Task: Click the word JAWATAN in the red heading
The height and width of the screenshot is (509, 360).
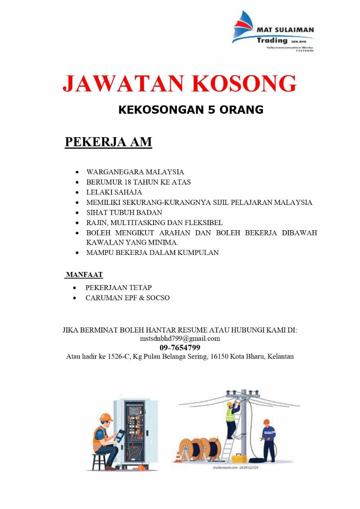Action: pos(124,84)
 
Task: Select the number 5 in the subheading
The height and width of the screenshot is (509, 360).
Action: pos(212,110)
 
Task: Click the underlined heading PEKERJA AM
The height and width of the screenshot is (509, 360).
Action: pos(108,142)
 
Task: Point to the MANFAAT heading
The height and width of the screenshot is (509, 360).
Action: pos(84,274)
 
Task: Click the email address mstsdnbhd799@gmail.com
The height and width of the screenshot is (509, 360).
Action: pos(180,339)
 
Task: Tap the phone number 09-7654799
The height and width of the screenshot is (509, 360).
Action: pos(180,348)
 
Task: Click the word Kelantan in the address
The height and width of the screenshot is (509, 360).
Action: pos(280,357)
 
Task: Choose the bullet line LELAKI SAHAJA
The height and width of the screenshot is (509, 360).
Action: pos(114,192)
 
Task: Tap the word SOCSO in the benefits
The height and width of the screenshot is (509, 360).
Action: pos(158,298)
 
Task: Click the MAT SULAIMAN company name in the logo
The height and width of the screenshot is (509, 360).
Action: pos(285,30)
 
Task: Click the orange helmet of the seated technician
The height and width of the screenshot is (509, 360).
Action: pos(106,417)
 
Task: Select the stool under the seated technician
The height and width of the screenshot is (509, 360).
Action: pos(99,462)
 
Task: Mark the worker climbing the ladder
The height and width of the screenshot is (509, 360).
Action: pos(231,418)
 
